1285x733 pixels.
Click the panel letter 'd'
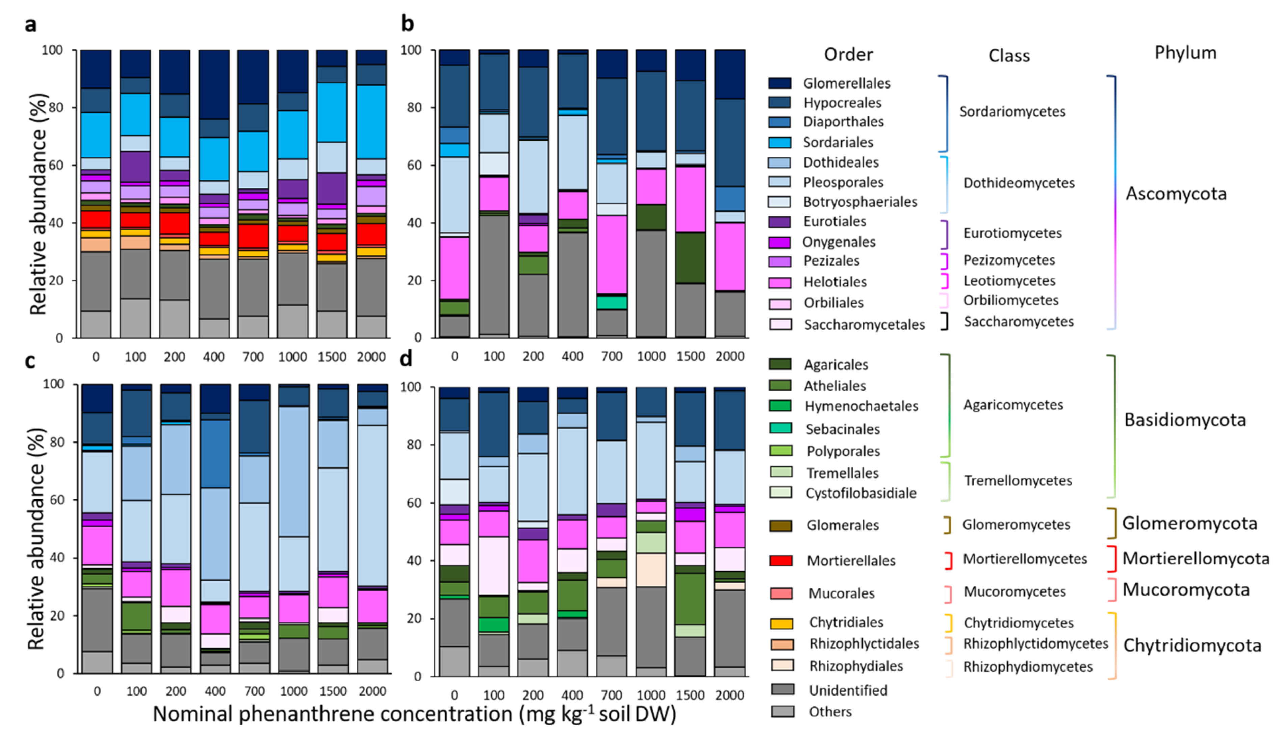click(x=405, y=358)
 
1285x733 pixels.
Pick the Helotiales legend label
click(x=834, y=282)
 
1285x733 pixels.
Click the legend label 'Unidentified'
click(x=848, y=690)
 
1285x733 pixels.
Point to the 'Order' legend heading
click(x=848, y=54)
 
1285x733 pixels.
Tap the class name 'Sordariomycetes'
click(x=1012, y=111)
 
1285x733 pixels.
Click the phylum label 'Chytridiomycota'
click(x=1192, y=646)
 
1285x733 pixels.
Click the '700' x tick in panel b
click(x=612, y=356)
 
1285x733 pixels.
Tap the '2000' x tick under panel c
click(x=372, y=691)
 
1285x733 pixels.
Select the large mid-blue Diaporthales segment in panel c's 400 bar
click(x=215, y=453)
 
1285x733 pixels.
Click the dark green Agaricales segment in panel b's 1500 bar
click(x=690, y=258)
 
